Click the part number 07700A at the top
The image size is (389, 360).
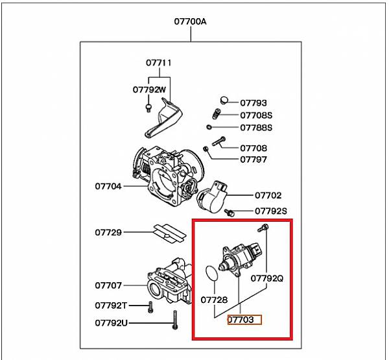pyautogui.click(x=190, y=21)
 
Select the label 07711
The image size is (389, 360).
pyautogui.click(x=158, y=63)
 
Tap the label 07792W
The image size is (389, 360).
pyautogui.click(x=150, y=90)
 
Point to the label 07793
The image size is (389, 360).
pyautogui.click(x=253, y=102)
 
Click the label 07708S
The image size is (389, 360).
pyautogui.click(x=256, y=115)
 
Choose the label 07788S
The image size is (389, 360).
pyautogui.click(x=256, y=127)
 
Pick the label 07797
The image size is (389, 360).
pyautogui.click(x=253, y=159)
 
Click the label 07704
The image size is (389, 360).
pyautogui.click(x=108, y=186)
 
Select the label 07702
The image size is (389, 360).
pyautogui.click(x=268, y=195)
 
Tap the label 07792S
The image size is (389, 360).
pyautogui.click(x=270, y=211)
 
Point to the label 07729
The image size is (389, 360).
pyautogui.click(x=108, y=232)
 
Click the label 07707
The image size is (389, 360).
pyautogui.click(x=108, y=285)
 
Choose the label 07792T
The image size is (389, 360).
pyautogui.click(x=111, y=305)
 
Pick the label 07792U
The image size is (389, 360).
pyautogui.click(x=111, y=322)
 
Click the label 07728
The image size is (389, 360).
pyautogui.click(x=214, y=300)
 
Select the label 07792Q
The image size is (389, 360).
pyautogui.click(x=268, y=278)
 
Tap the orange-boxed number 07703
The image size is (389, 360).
pyautogui.click(x=243, y=320)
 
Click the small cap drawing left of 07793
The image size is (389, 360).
pyautogui.click(x=225, y=100)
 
